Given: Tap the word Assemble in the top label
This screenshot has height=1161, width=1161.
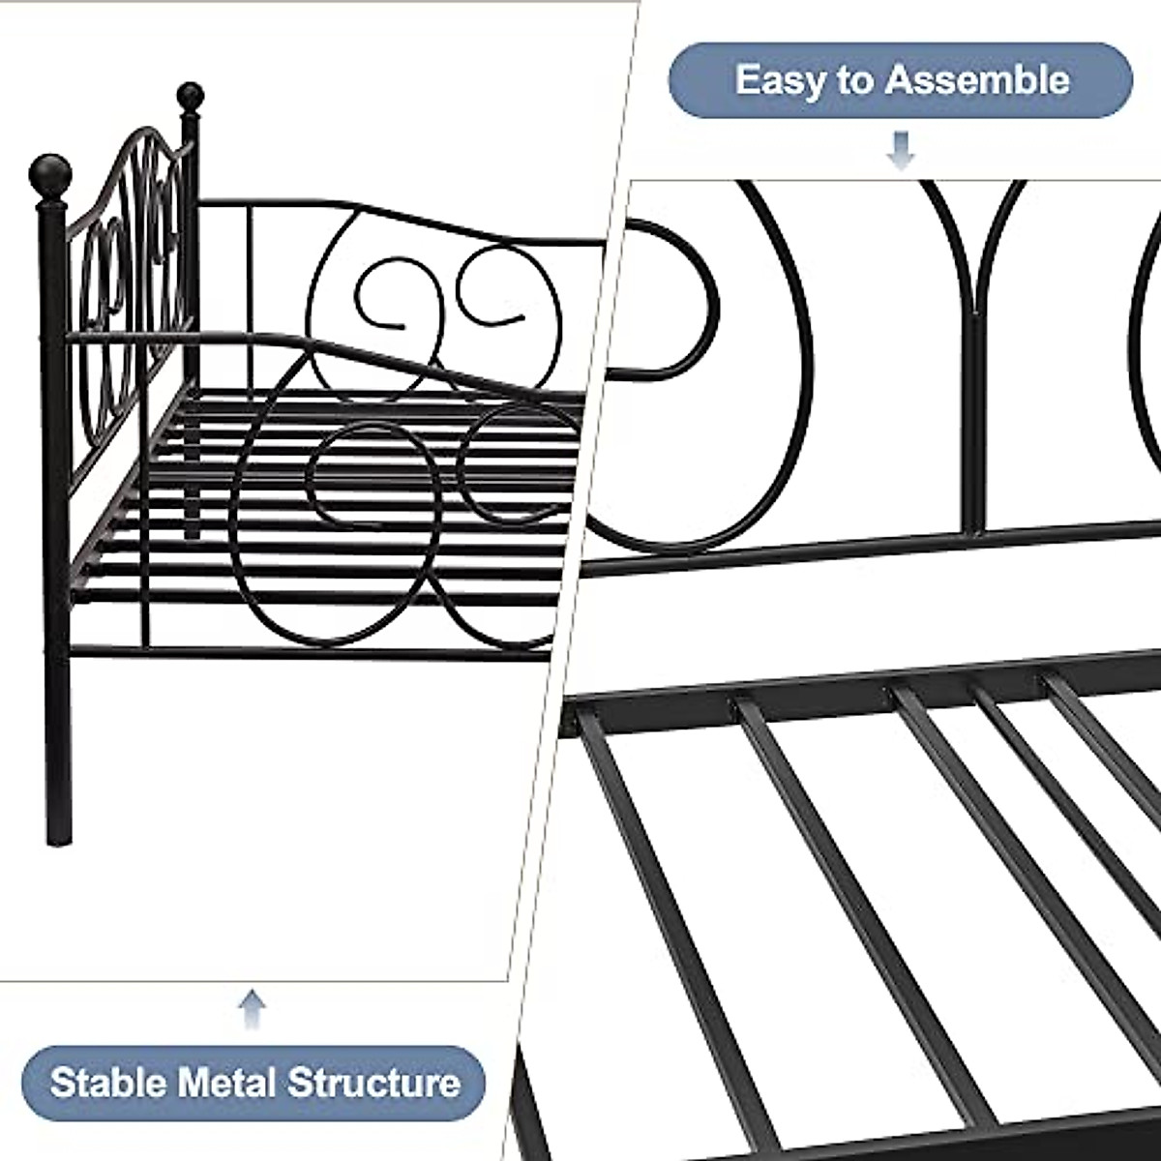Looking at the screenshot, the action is pos(976,79).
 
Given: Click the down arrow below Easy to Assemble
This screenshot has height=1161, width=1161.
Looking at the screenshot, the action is pos(902,151).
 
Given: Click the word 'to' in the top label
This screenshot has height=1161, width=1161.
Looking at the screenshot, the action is pos(855,79).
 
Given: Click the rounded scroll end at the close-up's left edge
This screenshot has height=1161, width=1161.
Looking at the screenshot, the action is pos(677,300).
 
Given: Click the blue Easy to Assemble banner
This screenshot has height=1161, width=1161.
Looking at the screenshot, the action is pos(900,79).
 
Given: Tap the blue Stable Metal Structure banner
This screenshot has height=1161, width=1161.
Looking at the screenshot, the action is pos(253,1081).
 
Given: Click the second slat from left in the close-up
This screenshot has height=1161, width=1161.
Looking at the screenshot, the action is pos(822,851).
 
